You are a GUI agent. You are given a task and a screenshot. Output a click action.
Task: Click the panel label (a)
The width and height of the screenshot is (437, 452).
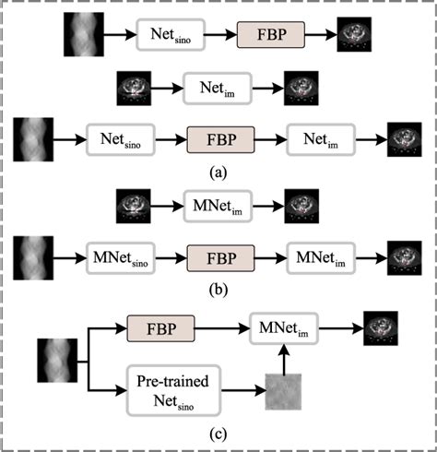tap(219, 171)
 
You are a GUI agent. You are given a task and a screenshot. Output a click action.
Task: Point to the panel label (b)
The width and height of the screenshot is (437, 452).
tap(219, 287)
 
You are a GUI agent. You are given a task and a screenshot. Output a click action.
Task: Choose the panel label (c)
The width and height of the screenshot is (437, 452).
tap(219, 430)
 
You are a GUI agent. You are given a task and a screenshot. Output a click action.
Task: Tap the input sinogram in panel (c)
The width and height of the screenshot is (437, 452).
tap(56, 358)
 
